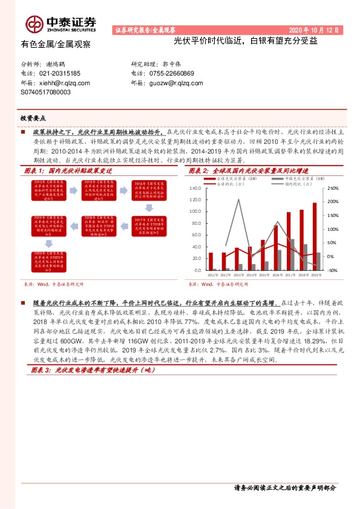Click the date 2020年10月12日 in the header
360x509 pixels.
click(315, 29)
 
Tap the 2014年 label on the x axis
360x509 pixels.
click(249, 275)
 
